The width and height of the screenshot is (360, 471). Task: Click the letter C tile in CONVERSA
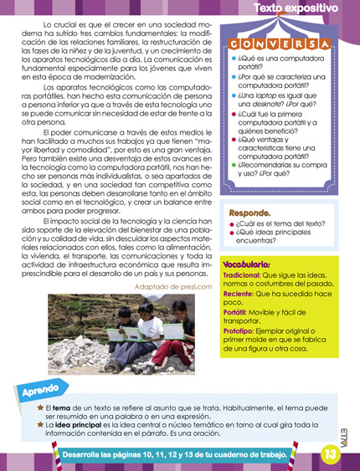point(234,43)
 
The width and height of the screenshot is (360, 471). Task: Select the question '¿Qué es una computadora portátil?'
point(273,62)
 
